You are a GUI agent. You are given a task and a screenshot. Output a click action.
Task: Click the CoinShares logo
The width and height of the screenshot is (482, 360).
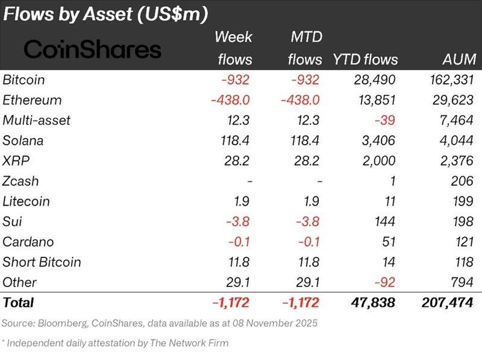[92, 49]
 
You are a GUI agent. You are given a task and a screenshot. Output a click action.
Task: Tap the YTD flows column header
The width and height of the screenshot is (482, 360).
[365, 59]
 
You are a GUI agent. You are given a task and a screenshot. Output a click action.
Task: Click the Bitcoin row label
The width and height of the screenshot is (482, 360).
[23, 80]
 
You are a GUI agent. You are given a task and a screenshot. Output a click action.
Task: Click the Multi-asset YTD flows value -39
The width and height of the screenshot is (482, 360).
[386, 121]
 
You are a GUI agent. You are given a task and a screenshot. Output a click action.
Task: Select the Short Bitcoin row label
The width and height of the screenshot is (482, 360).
[42, 262]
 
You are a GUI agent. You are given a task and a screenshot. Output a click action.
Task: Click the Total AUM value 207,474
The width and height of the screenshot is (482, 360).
[448, 302]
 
